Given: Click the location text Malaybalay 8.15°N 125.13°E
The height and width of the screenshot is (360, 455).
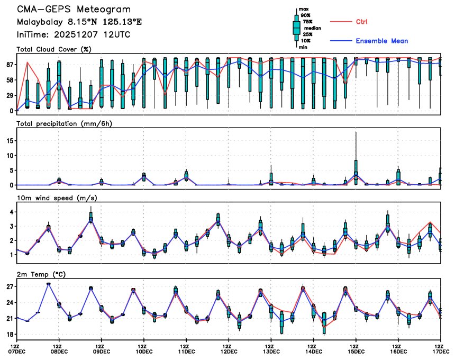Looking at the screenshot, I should click(x=79, y=22).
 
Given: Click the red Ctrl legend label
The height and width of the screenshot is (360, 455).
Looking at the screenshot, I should click(x=362, y=22).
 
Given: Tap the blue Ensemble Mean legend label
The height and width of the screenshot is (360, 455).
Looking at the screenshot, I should click(x=381, y=41).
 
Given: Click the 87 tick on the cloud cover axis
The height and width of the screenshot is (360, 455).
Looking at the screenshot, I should click(x=10, y=65).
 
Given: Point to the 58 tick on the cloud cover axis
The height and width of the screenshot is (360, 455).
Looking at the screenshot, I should click(x=10, y=80).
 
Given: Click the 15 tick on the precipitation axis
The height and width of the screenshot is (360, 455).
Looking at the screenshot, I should click(x=10, y=141).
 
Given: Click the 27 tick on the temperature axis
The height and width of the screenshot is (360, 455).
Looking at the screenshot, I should click(x=10, y=286).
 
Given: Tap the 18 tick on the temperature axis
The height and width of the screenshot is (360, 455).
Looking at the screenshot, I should click(x=10, y=335).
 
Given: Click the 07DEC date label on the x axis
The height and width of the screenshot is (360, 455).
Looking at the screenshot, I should click(x=16, y=350).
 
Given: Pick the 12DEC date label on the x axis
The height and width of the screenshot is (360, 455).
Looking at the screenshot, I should click(x=229, y=350).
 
